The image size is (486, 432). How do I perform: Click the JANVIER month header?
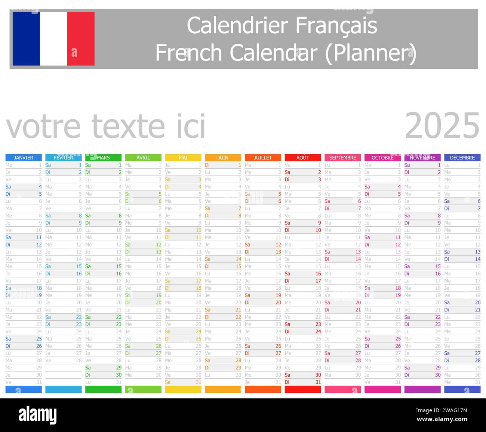coord(24,158)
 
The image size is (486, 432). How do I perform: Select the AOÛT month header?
coord(302,158)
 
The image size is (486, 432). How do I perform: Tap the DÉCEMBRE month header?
coord(462,158)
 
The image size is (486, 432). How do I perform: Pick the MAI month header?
coord(183,158)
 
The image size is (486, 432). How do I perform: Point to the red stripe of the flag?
coord(81,39)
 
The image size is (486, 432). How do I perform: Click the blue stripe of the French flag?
coord(26,39)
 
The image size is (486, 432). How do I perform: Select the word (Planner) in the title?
coord(370,53)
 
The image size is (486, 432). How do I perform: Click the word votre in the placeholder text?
coord(43,126)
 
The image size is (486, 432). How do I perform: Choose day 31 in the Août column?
coord(318,382)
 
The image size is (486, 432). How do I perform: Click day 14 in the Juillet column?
coord(278,259)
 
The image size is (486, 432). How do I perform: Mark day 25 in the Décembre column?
coord(477,339)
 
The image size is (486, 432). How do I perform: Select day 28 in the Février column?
coord(79,361)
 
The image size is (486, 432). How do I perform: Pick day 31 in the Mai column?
coord(198,382)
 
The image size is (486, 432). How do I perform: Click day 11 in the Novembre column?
coord(438,237)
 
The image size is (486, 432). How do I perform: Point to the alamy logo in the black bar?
coord(37,415)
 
